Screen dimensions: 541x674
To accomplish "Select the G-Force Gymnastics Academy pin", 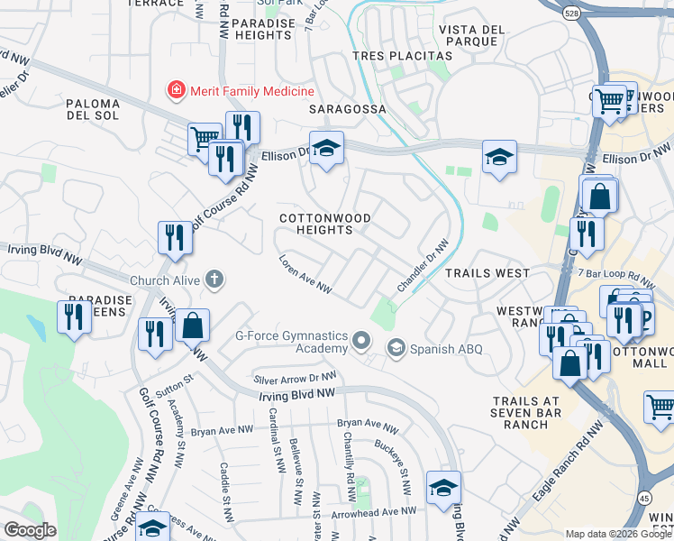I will [361, 341].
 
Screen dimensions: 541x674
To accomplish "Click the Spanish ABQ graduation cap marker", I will [396, 348].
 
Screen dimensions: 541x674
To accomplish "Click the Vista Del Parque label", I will [470, 35].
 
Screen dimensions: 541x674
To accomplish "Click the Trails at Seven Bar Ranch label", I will [527, 413].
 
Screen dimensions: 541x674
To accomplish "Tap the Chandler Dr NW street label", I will [423, 266].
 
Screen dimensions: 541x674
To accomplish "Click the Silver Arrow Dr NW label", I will [296, 379].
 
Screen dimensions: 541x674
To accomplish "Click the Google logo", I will [30, 530].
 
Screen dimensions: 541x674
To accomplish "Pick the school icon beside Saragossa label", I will [326, 148].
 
